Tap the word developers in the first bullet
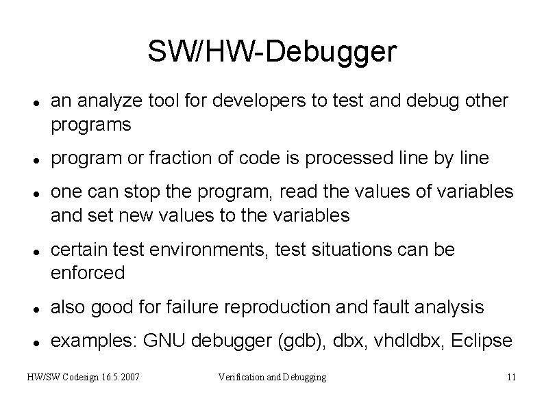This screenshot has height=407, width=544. (248, 101)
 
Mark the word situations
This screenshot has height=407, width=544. (343, 250)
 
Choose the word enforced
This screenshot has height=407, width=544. (88, 274)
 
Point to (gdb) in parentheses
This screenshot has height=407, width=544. (297, 341)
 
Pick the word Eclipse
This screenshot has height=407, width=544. (483, 341)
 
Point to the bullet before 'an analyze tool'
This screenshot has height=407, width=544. (34, 102)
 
